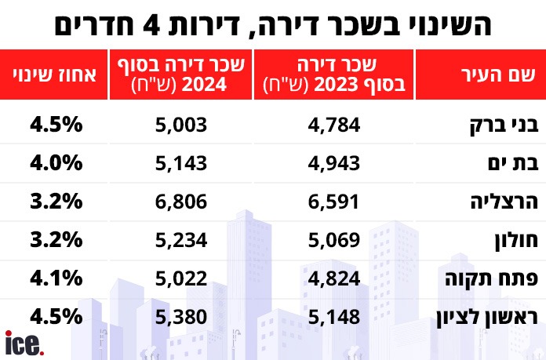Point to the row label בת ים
click(515, 162)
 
